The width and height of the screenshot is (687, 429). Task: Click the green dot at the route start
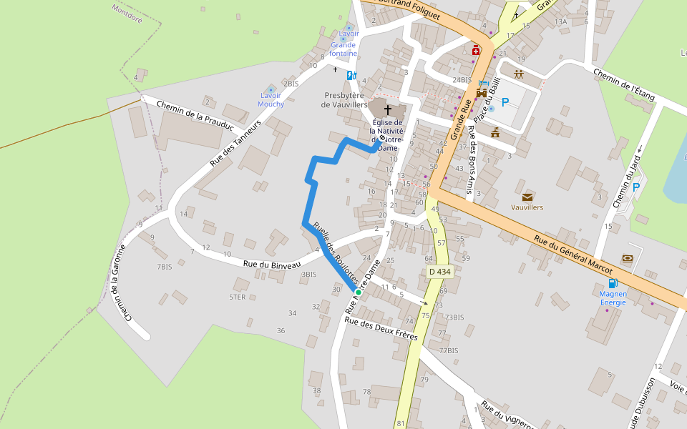click(358, 292)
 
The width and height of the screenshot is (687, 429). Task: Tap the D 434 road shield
click(440, 272)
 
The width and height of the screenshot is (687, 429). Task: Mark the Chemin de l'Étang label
click(624, 82)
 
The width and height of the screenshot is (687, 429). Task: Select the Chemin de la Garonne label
click(121, 283)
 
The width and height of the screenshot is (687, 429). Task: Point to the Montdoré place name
click(127, 14)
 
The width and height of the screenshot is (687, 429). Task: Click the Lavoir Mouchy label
click(271, 99)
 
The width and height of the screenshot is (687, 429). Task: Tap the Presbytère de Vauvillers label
click(344, 99)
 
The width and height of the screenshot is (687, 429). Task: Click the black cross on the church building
click(389, 110)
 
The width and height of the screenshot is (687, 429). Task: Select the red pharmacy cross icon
click(476, 50)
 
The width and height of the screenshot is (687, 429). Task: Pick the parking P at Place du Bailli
click(505, 102)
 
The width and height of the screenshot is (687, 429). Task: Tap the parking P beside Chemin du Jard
click(635, 187)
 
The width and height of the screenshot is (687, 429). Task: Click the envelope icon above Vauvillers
click(527, 197)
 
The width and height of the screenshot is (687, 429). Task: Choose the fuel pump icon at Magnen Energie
click(613, 283)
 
